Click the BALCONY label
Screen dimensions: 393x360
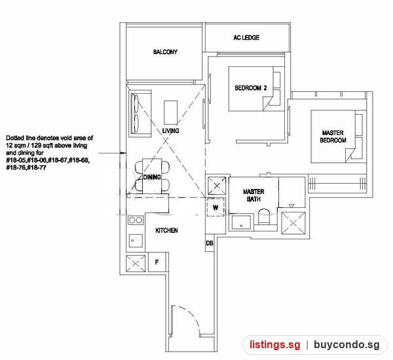(x=165, y=52)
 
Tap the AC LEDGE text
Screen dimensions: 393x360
(x=246, y=37)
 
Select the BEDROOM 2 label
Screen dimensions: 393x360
(x=251, y=88)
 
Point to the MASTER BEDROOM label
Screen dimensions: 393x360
(x=333, y=136)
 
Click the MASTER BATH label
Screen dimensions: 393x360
(x=253, y=195)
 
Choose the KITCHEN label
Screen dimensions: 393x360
(x=166, y=230)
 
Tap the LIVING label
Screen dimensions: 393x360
(x=170, y=130)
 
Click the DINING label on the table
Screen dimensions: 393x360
(x=152, y=177)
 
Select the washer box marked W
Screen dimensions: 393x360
(x=215, y=207)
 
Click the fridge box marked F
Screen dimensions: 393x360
(x=157, y=262)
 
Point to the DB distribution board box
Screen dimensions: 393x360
(x=210, y=243)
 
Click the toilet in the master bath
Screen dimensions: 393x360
(x=264, y=216)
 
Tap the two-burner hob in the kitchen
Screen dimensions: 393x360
(x=136, y=220)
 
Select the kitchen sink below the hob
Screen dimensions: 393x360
(x=136, y=241)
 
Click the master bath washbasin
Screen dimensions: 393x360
(x=241, y=222)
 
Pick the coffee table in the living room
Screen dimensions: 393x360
(x=171, y=112)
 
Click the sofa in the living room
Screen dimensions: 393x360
(x=140, y=113)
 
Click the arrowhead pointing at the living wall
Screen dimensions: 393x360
(x=123, y=153)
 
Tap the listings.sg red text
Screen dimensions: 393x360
(x=274, y=345)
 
